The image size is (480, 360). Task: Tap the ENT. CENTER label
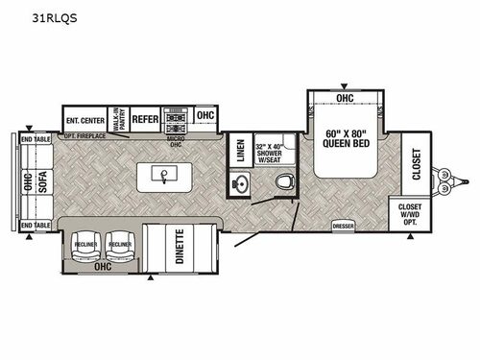(x=85, y=120)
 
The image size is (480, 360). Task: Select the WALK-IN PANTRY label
(x=120, y=117)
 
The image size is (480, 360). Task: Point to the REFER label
(x=145, y=119)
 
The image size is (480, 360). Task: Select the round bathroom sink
(x=240, y=183)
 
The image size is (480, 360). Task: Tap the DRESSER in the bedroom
(x=343, y=226)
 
